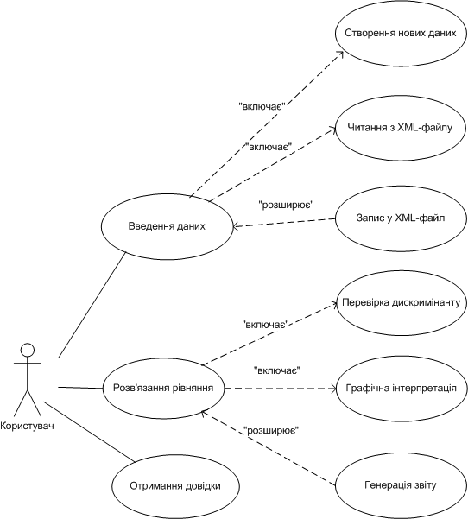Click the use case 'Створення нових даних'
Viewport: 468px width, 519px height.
[x=402, y=33]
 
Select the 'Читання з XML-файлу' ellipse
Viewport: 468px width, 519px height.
[x=402, y=128]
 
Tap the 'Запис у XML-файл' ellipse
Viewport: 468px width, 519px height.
[x=402, y=218]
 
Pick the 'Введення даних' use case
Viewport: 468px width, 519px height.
[x=168, y=226]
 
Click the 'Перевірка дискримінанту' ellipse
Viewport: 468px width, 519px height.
[x=402, y=302]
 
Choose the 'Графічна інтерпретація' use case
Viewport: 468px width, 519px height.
[x=402, y=389]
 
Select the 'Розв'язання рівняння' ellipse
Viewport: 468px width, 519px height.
[x=163, y=388]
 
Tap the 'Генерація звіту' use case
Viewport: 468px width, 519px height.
[x=402, y=485]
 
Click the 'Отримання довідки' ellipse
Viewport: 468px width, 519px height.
[x=175, y=486]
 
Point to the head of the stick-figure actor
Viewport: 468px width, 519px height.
[x=28, y=350]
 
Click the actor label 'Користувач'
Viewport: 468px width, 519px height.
[x=27, y=426]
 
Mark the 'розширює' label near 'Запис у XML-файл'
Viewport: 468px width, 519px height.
[x=286, y=206]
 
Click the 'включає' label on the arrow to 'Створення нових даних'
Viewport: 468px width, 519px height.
[x=262, y=106]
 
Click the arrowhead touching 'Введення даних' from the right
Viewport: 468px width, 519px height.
[x=236, y=226]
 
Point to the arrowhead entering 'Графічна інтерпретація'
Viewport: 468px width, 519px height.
[x=332, y=389]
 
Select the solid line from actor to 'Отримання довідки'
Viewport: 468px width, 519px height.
[x=89, y=432]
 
